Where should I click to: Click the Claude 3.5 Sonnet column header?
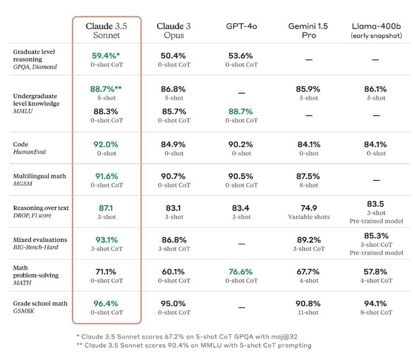[x=107, y=31]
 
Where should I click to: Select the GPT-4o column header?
[x=241, y=26]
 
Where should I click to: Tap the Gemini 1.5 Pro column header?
[x=309, y=31]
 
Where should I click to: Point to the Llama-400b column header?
[x=376, y=31]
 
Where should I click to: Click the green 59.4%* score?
[x=106, y=55]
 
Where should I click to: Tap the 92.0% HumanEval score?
[x=106, y=144]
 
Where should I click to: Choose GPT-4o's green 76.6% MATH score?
[x=241, y=272]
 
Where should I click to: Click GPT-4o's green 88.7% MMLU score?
[x=241, y=111]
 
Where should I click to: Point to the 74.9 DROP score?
[x=309, y=208]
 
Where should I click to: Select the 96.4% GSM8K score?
[x=106, y=303]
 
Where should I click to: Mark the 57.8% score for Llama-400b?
[x=376, y=272]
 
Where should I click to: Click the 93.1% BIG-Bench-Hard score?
[x=106, y=240]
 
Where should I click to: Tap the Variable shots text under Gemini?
[x=309, y=217]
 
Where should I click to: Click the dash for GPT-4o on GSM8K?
[x=241, y=308]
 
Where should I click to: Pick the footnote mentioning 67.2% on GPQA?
[x=187, y=336]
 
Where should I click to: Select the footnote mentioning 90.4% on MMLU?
[x=193, y=345]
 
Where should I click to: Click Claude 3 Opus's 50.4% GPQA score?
[x=174, y=55]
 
